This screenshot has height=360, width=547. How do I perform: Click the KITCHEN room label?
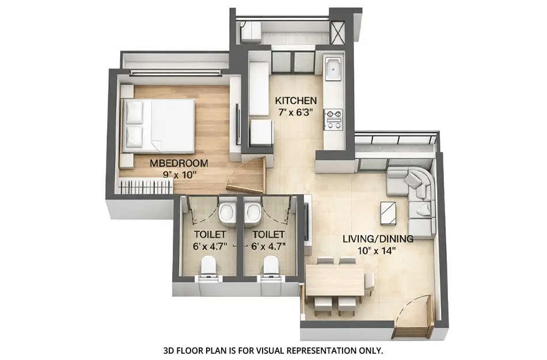(295, 100)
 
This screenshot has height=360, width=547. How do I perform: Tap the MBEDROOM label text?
(171, 163)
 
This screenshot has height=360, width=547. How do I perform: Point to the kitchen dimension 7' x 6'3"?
(295, 112)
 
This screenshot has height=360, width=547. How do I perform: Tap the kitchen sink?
(333, 71)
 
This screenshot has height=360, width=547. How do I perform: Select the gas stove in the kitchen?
(333, 119)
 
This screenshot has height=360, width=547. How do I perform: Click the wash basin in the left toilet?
(227, 211)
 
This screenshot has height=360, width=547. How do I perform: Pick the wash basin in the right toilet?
(252, 211)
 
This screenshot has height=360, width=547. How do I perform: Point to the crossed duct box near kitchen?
(337, 32)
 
